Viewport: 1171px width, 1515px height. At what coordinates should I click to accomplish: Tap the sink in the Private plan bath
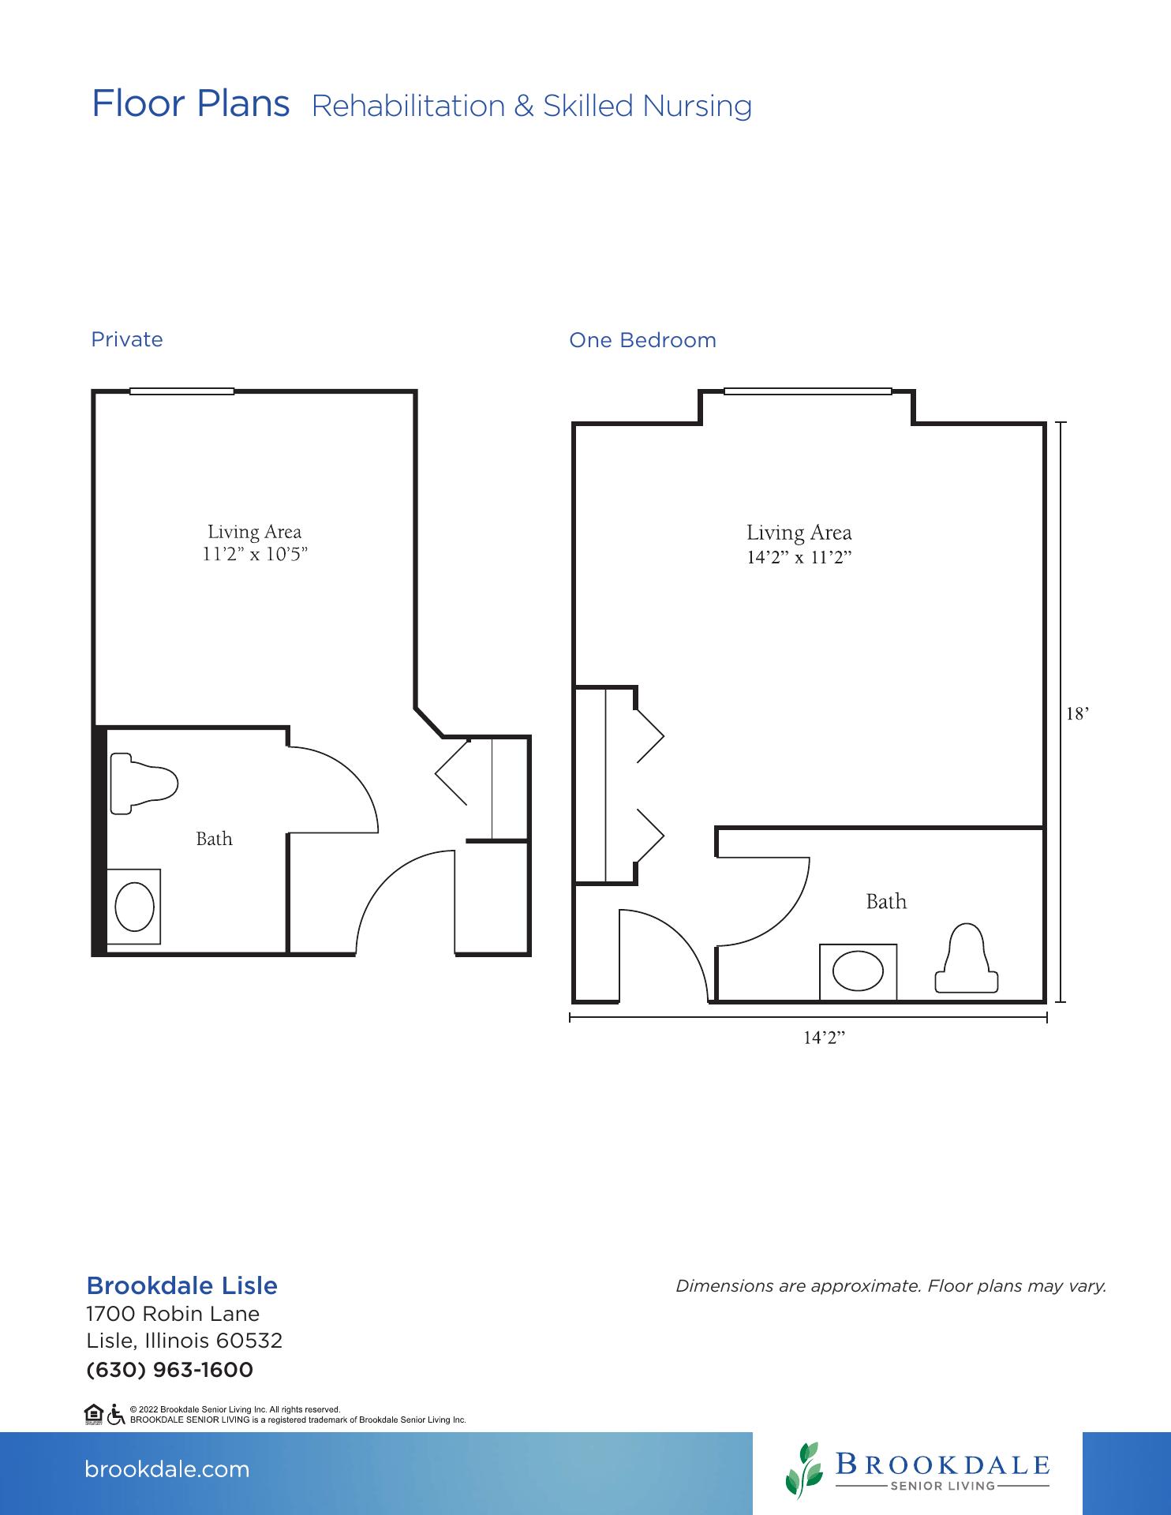pyautogui.click(x=134, y=907)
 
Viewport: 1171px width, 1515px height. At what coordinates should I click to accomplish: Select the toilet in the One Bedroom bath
pyautogui.click(x=967, y=958)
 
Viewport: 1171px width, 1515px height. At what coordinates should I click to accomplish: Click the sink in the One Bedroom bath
pyautogui.click(x=858, y=971)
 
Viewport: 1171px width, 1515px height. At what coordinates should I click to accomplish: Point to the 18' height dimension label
pyautogui.click(x=1077, y=713)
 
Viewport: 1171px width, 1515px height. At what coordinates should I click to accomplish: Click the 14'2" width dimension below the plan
pyautogui.click(x=824, y=1038)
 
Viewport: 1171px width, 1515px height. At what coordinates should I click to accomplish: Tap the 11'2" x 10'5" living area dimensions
pyautogui.click(x=255, y=554)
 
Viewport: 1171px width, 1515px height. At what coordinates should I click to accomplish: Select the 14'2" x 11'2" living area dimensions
pyautogui.click(x=799, y=557)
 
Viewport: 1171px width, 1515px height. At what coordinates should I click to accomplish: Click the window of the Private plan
pyautogui.click(x=182, y=391)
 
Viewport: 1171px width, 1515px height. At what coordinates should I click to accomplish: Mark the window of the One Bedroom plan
pyautogui.click(x=808, y=391)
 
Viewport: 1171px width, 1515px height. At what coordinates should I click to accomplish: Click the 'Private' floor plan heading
pyautogui.click(x=127, y=339)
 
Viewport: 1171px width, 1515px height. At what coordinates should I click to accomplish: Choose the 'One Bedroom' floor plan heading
pyautogui.click(x=643, y=340)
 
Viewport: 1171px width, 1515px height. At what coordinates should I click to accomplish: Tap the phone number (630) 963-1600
pyautogui.click(x=170, y=1370)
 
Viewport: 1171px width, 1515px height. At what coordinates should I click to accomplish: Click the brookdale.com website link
pyautogui.click(x=166, y=1469)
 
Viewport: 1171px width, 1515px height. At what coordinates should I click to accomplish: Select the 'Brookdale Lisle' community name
pyautogui.click(x=182, y=1285)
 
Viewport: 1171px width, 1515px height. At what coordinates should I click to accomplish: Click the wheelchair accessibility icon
pyautogui.click(x=116, y=1415)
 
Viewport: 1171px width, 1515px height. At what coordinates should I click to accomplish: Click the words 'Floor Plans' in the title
pyautogui.click(x=191, y=103)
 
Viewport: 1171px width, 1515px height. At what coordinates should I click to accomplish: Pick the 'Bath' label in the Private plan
pyautogui.click(x=215, y=838)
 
